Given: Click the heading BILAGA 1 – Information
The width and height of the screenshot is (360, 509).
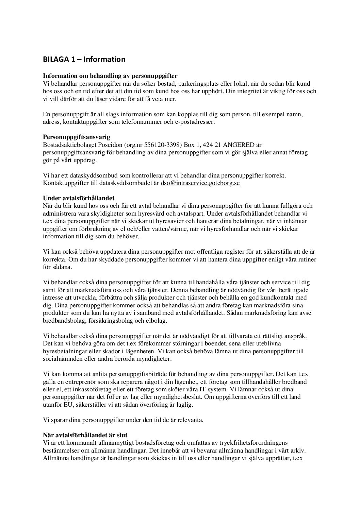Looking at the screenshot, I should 84,60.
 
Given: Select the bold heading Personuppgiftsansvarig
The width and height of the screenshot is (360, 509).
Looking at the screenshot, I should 77,137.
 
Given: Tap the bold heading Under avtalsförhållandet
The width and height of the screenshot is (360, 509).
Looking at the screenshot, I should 79,198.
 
